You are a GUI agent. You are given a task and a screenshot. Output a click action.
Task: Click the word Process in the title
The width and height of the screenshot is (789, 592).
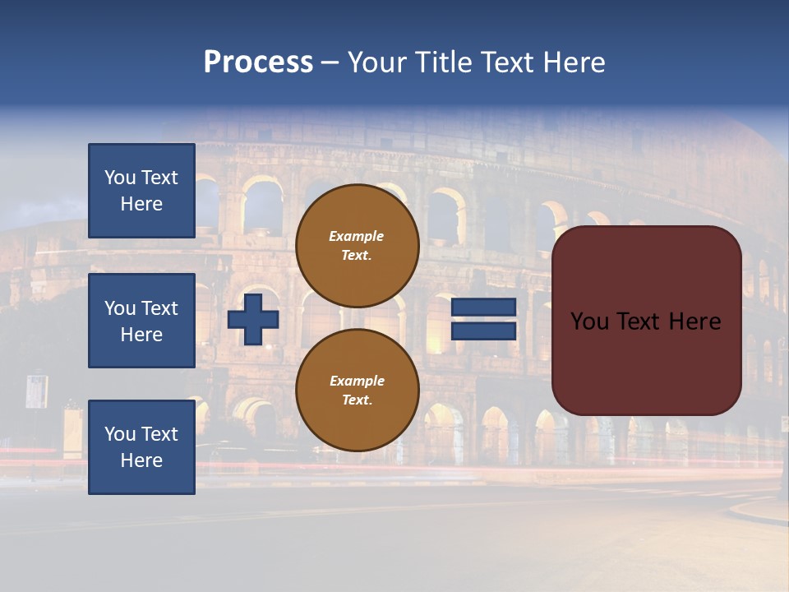258,62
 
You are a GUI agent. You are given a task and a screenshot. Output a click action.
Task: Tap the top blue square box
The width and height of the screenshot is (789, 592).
141,191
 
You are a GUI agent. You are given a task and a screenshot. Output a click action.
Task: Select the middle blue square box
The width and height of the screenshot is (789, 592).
141,321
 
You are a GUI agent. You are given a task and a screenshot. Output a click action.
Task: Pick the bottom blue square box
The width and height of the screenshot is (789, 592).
141,446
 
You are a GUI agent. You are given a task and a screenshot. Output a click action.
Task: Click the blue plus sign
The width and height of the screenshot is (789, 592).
253,319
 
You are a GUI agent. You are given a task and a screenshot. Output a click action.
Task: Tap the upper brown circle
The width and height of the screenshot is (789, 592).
357,246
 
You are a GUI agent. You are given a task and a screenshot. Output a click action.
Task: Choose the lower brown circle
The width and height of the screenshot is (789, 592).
357,390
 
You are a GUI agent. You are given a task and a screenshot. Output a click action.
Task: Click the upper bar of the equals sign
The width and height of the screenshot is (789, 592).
483,308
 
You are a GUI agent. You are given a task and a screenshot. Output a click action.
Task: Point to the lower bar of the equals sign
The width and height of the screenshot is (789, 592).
483,331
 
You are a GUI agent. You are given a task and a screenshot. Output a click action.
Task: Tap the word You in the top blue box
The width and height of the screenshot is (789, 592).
120,178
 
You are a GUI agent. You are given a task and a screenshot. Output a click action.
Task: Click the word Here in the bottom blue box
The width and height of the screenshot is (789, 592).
141,460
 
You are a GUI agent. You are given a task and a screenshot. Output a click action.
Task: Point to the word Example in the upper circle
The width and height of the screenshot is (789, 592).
357,236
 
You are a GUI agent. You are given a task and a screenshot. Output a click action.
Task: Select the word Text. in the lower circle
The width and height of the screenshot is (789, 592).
357,400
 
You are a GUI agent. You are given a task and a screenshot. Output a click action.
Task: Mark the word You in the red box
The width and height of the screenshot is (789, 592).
589,321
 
